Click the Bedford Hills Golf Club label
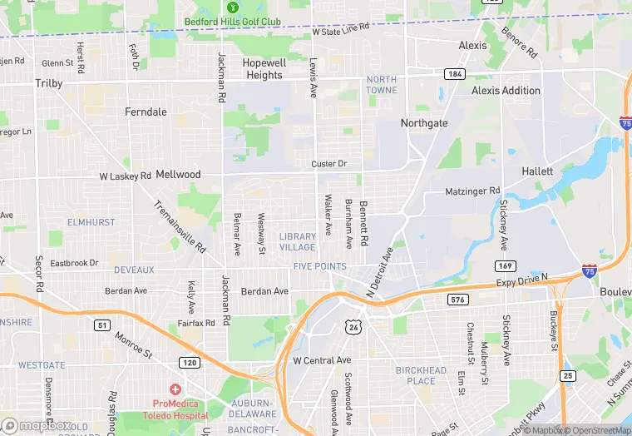click(232, 22)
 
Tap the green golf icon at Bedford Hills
click(232, 7)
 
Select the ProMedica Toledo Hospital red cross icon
click(175, 389)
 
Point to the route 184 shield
click(453, 73)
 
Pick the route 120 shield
click(190, 363)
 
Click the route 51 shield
click(101, 325)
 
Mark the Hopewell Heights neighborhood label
click(264, 68)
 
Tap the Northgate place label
click(424, 123)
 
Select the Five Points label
click(319, 266)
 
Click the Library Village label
click(298, 241)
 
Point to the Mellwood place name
click(178, 175)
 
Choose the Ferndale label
click(146, 111)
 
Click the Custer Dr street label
click(328, 164)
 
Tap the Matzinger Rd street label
click(472, 191)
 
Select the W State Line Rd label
click(341, 30)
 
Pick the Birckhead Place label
click(421, 375)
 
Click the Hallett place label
click(537, 171)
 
